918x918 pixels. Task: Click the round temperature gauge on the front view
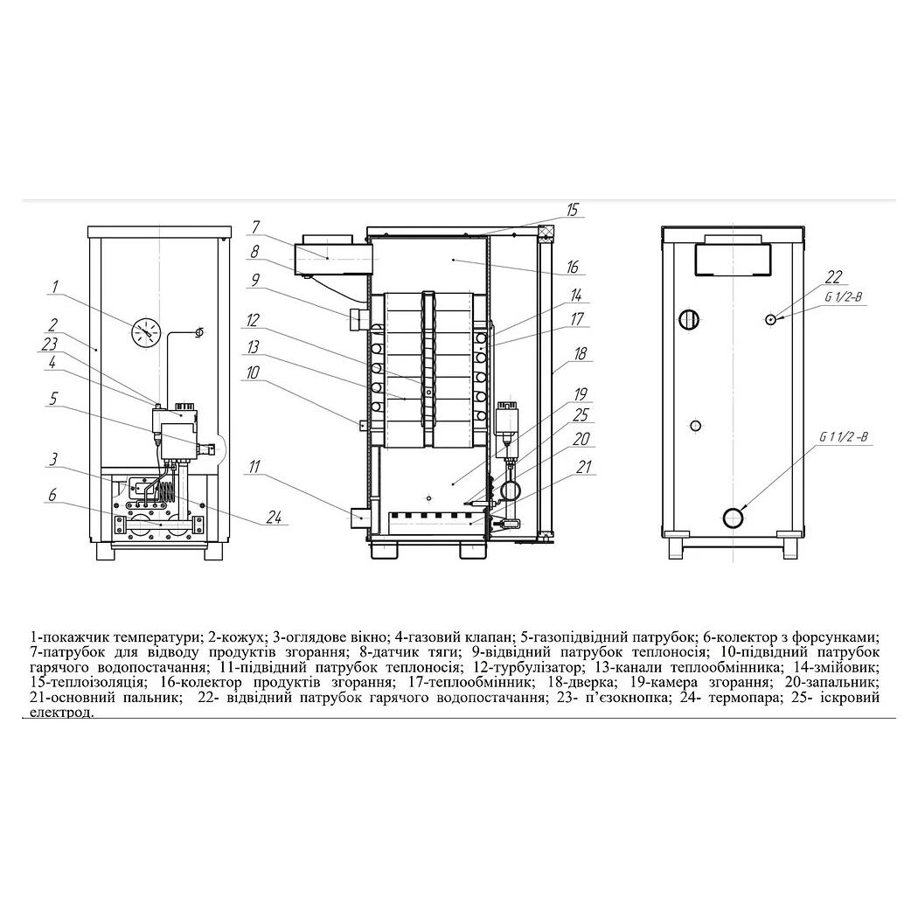coord(145,332)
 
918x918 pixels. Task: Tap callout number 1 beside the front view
coord(55,287)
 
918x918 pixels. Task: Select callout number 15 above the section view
coord(572,210)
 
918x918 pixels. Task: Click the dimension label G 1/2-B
coord(844,297)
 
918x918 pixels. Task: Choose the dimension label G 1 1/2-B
coord(844,437)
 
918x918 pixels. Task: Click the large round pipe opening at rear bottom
coord(734,518)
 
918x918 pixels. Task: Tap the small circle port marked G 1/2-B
coord(771,319)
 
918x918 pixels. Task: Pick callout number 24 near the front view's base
coord(274,517)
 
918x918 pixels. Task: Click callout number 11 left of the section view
coord(254,467)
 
